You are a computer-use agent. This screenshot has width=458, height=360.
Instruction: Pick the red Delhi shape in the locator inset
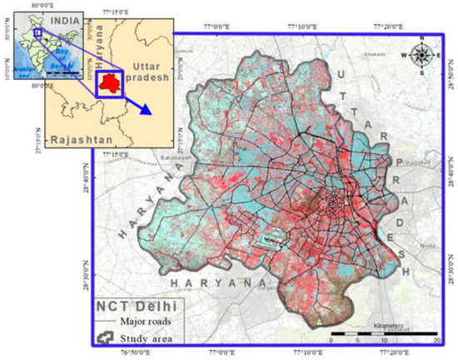tap(109, 82)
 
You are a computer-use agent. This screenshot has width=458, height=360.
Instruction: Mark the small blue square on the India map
tap(36, 34)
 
